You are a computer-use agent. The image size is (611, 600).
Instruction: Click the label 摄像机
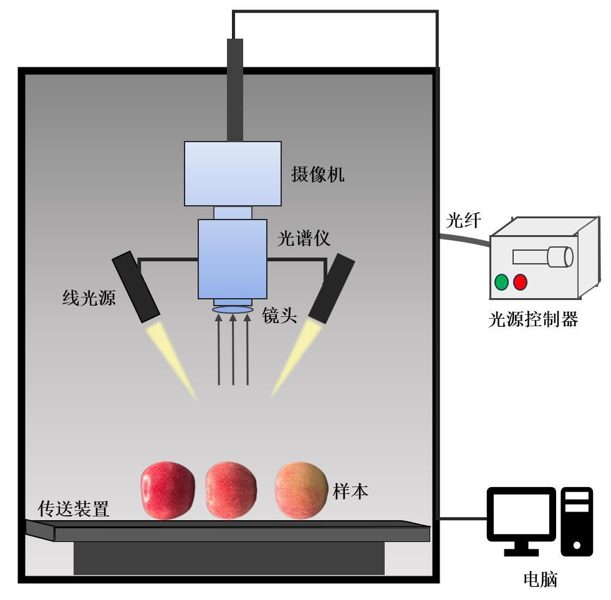[x=317, y=175]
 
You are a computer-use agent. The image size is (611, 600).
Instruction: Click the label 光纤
[x=462, y=221]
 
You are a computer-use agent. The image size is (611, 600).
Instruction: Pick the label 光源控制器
[x=533, y=320]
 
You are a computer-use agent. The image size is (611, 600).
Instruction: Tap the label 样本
[x=350, y=491]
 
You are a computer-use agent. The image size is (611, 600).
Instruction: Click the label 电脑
[x=540, y=580]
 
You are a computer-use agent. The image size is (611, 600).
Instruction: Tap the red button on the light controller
[x=520, y=282]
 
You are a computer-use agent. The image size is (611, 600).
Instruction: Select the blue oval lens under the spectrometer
[x=233, y=309]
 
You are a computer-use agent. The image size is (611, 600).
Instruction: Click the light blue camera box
[x=232, y=173]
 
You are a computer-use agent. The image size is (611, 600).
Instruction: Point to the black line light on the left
[x=137, y=286]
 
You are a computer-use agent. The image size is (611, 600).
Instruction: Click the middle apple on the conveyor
[x=231, y=490]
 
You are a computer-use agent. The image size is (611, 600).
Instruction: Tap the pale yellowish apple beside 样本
[x=301, y=490]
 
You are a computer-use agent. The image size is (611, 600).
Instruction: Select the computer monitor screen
[x=521, y=516]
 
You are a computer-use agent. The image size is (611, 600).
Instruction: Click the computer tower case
[x=577, y=521]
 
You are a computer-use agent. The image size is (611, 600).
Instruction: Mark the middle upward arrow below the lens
[x=233, y=349]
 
